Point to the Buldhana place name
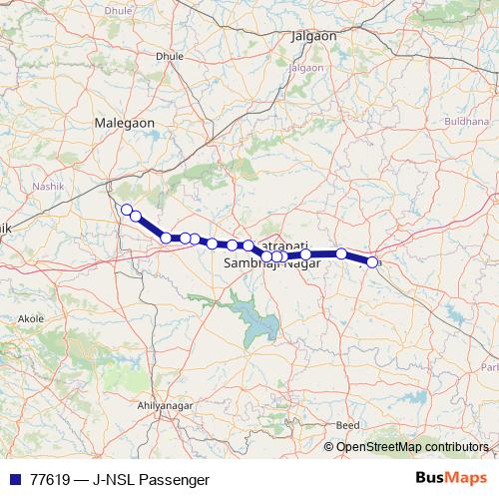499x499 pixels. [468, 120]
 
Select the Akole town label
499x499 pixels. [30, 319]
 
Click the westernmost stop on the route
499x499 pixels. [126, 209]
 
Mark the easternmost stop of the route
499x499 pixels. [373, 261]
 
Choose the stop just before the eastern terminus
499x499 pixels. [341, 253]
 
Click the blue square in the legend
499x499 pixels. [15, 479]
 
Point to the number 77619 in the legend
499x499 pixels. [49, 479]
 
